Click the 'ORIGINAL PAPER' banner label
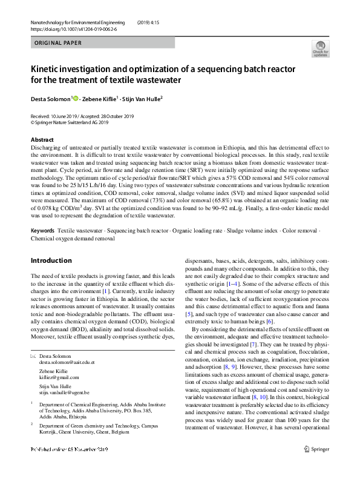(x=56, y=43)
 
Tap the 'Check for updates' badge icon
(x=319, y=48)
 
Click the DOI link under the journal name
(x=74, y=28)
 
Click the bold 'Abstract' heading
(x=42, y=140)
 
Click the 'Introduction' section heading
(x=51, y=261)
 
